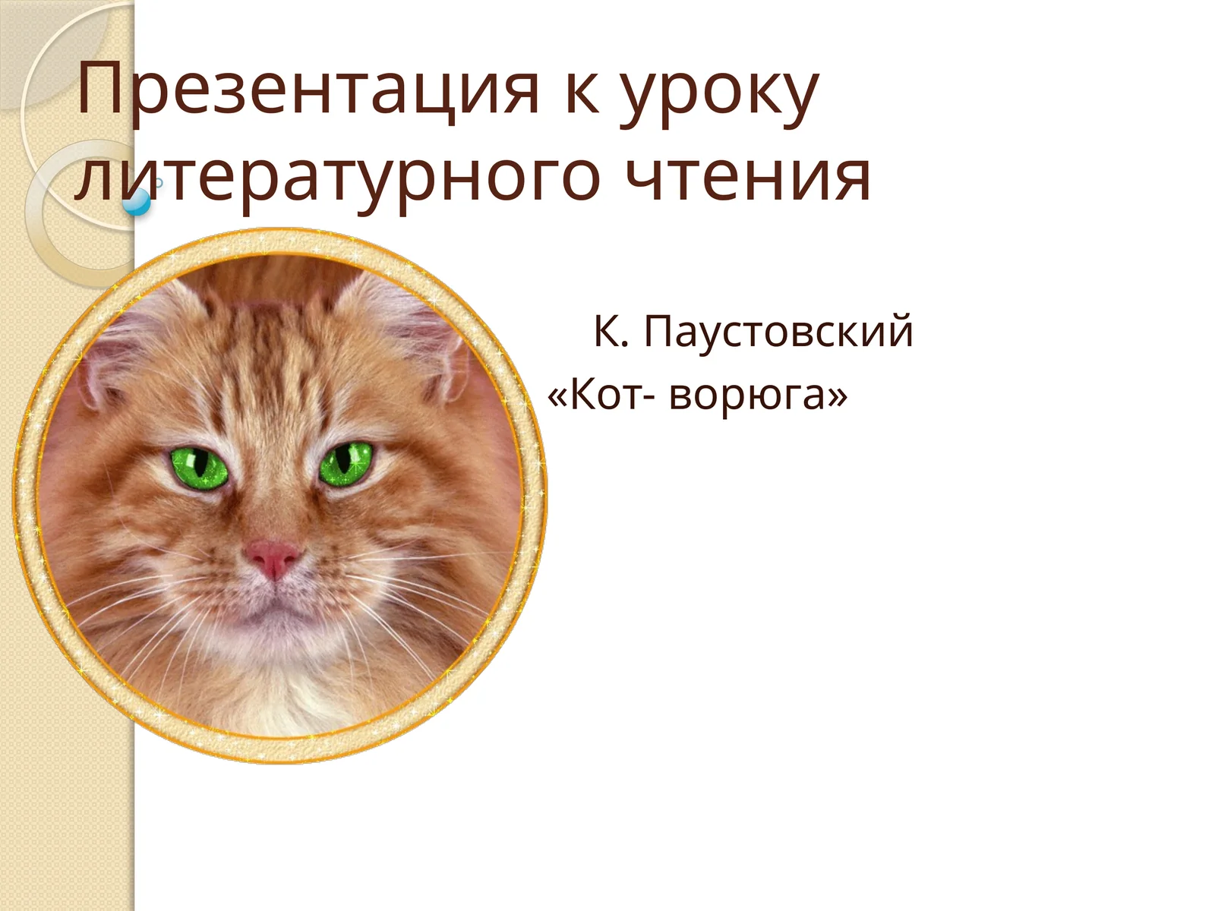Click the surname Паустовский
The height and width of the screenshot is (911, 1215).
778,333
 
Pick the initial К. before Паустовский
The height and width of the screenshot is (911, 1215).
611,332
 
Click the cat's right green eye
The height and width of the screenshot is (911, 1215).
346,462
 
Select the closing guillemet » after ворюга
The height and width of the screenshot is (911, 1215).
838,395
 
